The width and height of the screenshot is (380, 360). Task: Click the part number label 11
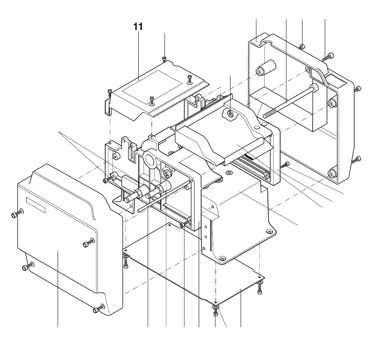[x=138, y=27]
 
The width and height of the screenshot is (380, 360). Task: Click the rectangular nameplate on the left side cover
[x=36, y=205]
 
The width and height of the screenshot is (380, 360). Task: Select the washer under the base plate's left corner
[x=126, y=257]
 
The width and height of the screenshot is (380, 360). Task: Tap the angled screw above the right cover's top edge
[x=328, y=57]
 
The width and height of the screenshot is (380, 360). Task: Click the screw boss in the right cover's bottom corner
[x=332, y=173]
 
